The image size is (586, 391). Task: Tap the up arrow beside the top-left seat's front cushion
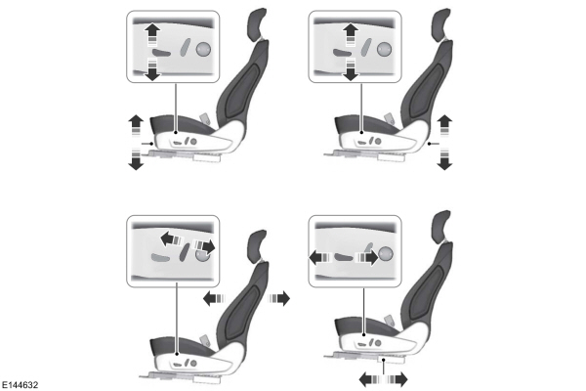tap(135, 123)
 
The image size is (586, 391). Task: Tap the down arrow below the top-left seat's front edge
tap(135, 160)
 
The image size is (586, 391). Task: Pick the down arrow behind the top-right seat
tap(444, 159)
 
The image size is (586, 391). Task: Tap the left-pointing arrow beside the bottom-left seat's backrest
tap(212, 296)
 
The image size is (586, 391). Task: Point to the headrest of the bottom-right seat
tap(442, 224)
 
